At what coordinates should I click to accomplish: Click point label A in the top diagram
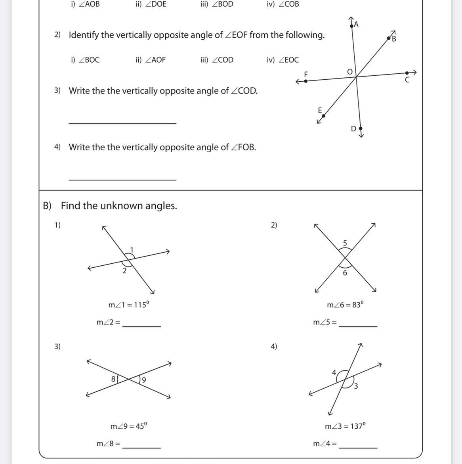coord(356,25)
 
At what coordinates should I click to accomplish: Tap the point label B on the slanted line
coord(394,39)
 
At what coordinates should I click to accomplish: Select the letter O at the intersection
coord(349,72)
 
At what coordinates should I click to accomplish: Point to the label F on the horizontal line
coord(306,74)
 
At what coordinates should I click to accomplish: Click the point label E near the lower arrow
coord(320,110)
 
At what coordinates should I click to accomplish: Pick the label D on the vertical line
coord(353,128)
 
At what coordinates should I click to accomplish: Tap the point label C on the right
coord(407,80)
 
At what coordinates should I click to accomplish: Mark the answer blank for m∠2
coord(141,326)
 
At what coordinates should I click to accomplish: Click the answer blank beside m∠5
coord(358,326)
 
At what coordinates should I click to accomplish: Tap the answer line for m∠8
coord(141,447)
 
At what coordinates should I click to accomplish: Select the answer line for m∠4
coord(358,447)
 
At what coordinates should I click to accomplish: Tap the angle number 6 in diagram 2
coord(345,273)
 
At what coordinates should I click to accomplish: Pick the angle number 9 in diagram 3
coord(144,380)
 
